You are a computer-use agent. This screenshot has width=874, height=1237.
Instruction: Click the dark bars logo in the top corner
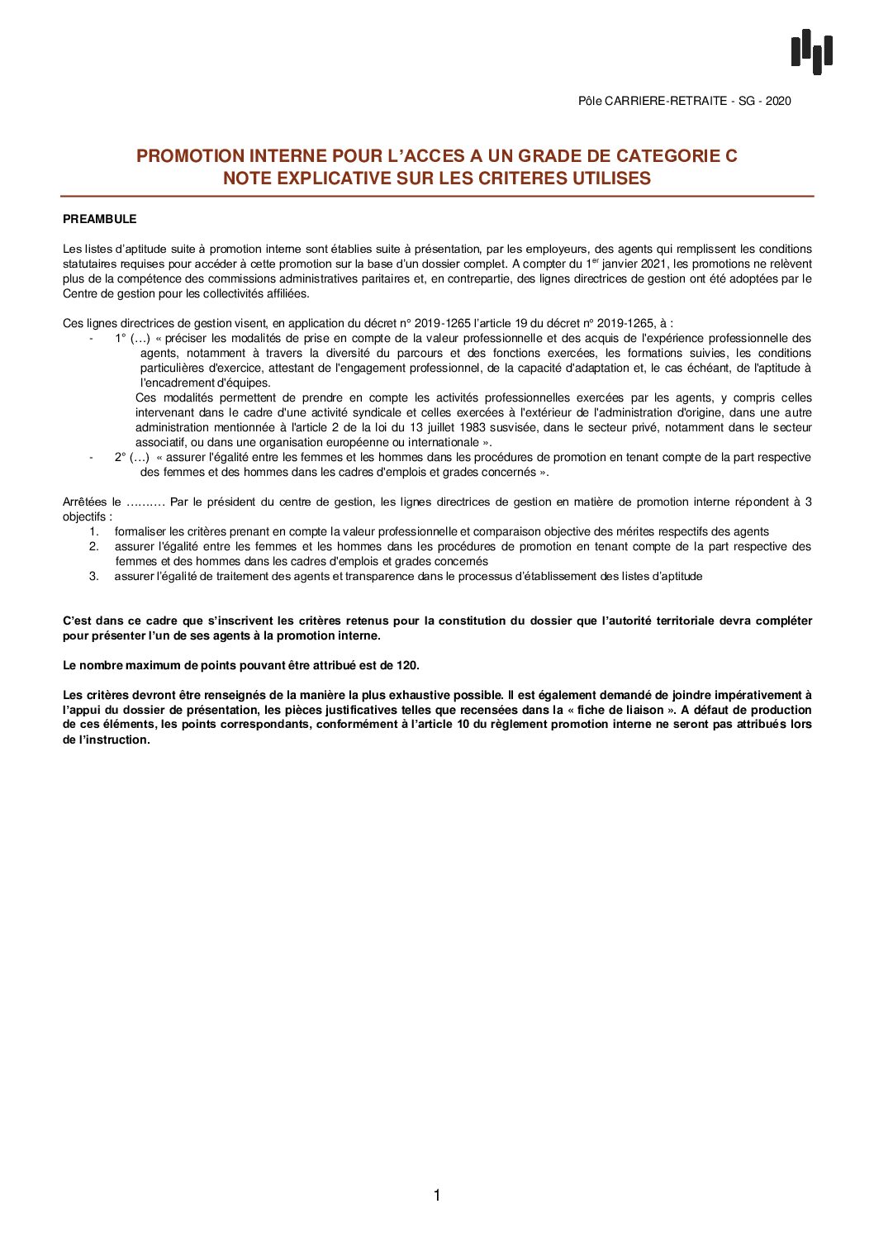click(x=811, y=51)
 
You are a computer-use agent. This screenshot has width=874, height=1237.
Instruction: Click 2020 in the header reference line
click(x=778, y=101)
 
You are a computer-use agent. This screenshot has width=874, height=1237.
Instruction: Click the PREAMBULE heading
click(x=99, y=219)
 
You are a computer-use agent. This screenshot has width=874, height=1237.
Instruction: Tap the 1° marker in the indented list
click(x=120, y=339)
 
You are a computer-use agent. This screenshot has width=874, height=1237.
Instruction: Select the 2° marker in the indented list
click(x=120, y=458)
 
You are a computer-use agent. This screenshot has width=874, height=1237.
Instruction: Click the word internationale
click(x=444, y=443)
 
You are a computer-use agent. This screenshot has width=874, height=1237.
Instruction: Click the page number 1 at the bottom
click(x=437, y=1196)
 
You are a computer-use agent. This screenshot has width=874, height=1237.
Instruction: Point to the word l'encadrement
click(x=177, y=383)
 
